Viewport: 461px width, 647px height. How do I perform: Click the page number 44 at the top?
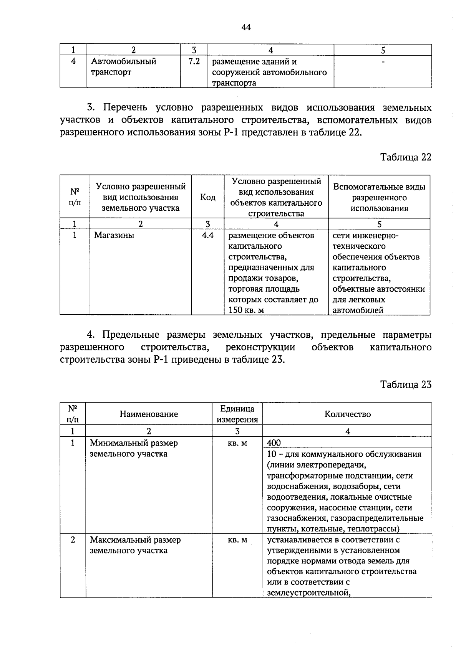pyautogui.click(x=246, y=27)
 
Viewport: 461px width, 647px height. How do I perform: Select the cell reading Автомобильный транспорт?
pyautogui.click(x=124, y=67)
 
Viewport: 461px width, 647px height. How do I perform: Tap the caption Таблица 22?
pyautogui.click(x=406, y=157)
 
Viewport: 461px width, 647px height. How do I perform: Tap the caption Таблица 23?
pyautogui.click(x=406, y=385)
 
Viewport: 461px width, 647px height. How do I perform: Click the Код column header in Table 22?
pyautogui.click(x=208, y=197)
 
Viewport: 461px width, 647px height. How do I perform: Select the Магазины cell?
pyautogui.click(x=114, y=236)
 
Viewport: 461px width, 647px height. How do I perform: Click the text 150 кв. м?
pyautogui.click(x=246, y=310)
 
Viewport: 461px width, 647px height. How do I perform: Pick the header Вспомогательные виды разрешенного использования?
pyautogui.click(x=379, y=198)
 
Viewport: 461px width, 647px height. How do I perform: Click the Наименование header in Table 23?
pyautogui.click(x=149, y=414)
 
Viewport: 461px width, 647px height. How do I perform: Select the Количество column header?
pyautogui.click(x=347, y=414)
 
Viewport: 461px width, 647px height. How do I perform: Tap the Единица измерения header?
pyautogui.click(x=237, y=414)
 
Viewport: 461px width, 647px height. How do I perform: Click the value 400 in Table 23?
pyautogui.click(x=274, y=443)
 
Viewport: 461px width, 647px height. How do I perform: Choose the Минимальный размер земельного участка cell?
pyautogui.click(x=134, y=448)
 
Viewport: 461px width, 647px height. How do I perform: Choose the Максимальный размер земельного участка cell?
pyautogui.click(x=135, y=545)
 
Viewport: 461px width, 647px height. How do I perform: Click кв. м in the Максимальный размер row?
pyautogui.click(x=237, y=540)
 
